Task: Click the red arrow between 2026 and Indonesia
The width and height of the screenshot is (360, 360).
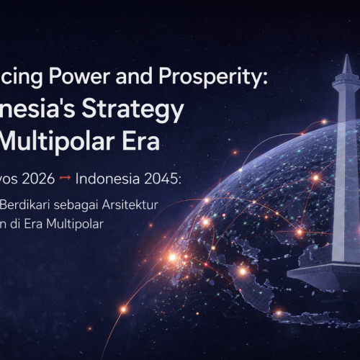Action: [x=78, y=178]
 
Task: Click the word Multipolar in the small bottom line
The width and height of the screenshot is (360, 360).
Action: [x=78, y=224]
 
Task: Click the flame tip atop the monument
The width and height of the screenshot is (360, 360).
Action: [x=346, y=61]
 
